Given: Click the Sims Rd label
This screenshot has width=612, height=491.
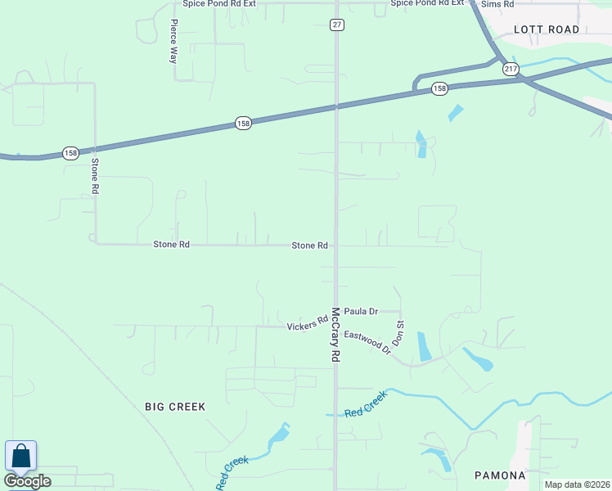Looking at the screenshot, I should coord(497,4).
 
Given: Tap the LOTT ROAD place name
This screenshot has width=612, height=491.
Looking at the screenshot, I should coord(547,29).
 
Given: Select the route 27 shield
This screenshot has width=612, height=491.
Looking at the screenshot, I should coord(337,25).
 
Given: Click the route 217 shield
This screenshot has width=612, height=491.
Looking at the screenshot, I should coord(511,68).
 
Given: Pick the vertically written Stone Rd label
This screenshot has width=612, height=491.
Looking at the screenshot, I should coord(95,176).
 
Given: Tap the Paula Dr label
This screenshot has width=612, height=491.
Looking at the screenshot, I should coord(361,311).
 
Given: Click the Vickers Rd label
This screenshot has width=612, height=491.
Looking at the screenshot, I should coord(307,327).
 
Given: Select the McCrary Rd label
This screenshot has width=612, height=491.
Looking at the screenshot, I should coord(335,336).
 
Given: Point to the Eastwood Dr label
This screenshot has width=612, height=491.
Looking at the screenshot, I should coord(367,342).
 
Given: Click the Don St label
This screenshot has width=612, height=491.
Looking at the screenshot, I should coord(400,333).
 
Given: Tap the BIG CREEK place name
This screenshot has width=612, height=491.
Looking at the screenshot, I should coord(175,406).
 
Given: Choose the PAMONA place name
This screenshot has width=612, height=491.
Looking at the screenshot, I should coord(499,475).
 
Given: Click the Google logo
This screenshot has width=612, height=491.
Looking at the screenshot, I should coord(27,480).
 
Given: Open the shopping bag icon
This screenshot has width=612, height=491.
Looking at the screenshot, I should coord(20,457).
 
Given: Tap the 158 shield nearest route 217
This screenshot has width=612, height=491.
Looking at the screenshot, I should coord(440,88).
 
